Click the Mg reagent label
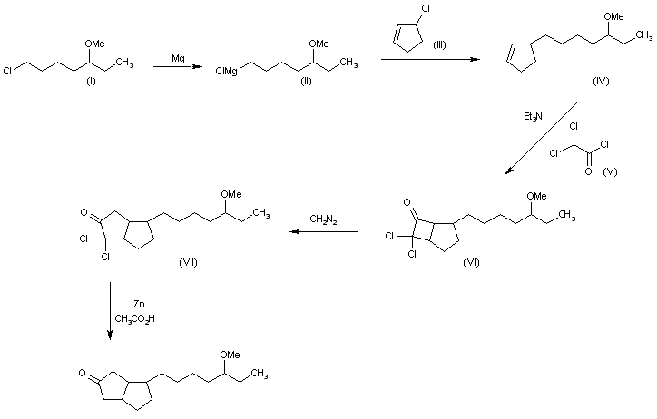click(x=178, y=59)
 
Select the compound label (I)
click(x=91, y=82)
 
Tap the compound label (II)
click(x=307, y=82)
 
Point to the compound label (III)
click(x=439, y=44)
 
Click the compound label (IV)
click(x=601, y=82)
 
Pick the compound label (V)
click(x=610, y=171)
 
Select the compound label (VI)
click(x=471, y=262)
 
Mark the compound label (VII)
click(x=188, y=262)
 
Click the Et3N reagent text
click(x=533, y=117)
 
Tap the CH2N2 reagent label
click(x=323, y=219)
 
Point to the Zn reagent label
click(x=139, y=305)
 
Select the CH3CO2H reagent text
click(x=134, y=319)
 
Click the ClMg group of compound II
click(x=226, y=71)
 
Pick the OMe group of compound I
click(x=94, y=44)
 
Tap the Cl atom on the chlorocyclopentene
click(x=426, y=9)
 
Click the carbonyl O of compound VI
click(x=407, y=202)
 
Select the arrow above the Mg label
click(x=178, y=66)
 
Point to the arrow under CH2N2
click(x=324, y=231)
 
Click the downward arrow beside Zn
click(x=110, y=310)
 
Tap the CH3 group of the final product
click(x=260, y=374)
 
